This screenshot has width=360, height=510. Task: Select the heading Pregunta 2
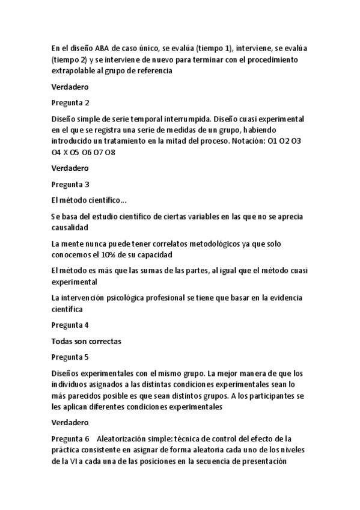[x=70, y=103]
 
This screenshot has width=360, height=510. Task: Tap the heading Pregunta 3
[x=70, y=184]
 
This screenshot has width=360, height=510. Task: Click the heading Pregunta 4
[x=70, y=325]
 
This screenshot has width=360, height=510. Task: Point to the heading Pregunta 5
[x=70, y=357]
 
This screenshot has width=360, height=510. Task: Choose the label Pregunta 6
[x=70, y=439]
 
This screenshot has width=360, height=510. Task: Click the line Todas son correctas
[x=87, y=341]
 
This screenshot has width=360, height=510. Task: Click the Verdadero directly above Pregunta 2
[x=70, y=87]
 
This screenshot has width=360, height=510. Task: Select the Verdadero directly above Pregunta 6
[x=70, y=422]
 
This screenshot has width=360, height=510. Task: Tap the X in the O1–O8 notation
[x=66, y=152]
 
